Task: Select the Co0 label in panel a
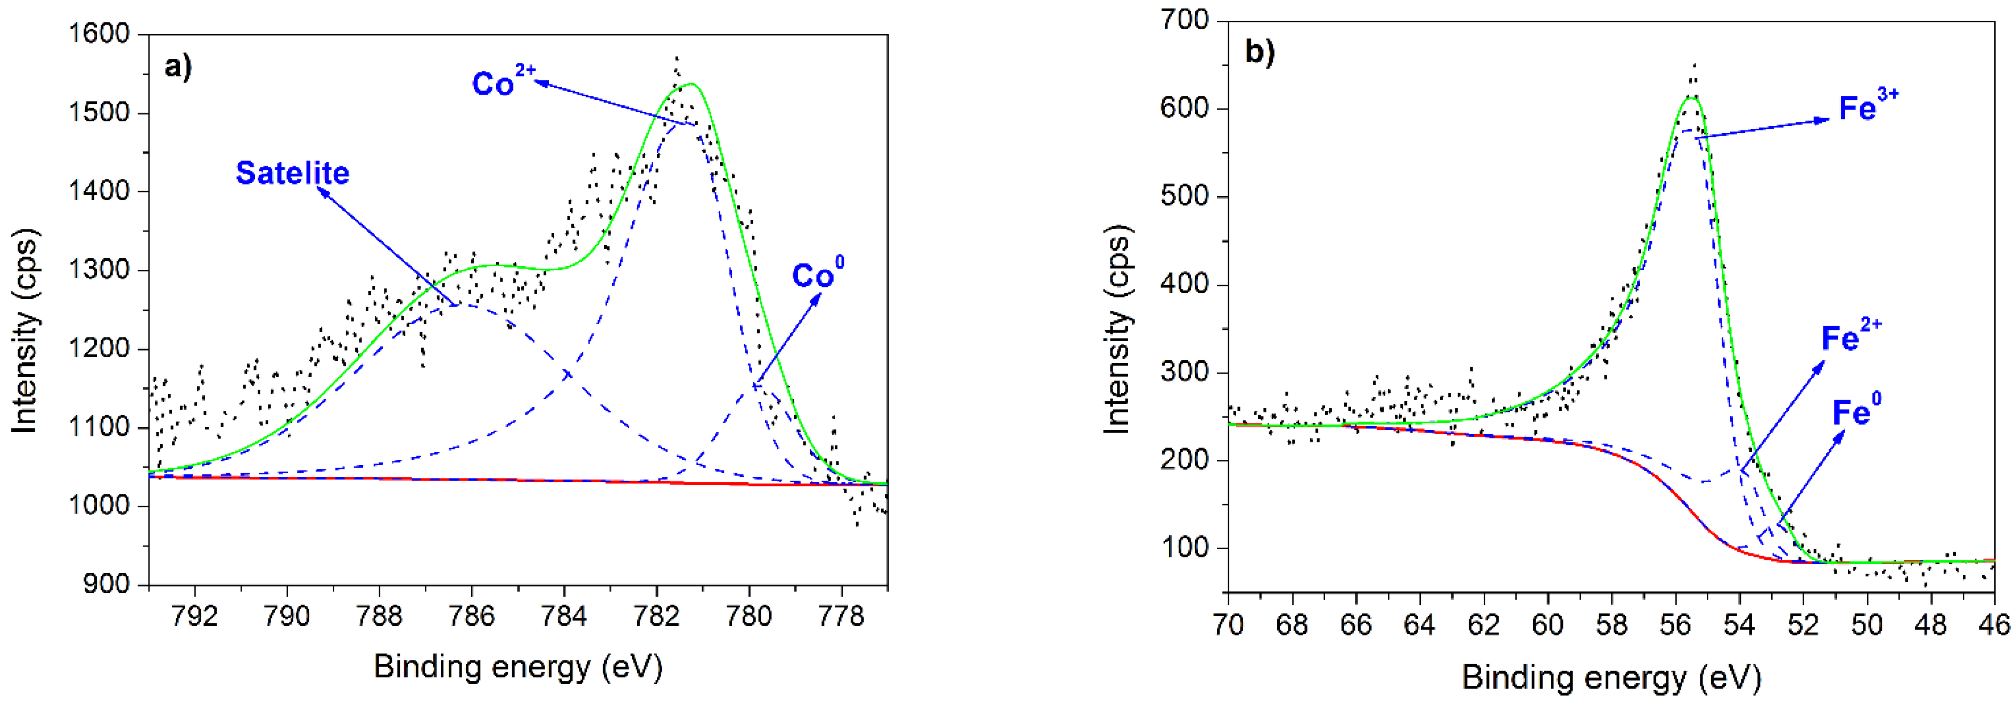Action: pyautogui.click(x=817, y=274)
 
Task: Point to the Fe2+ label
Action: pyautogui.click(x=1850, y=336)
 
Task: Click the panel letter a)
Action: pyautogui.click(x=178, y=67)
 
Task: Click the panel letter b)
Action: pyautogui.click(x=1260, y=52)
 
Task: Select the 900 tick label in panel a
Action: pyautogui.click(x=106, y=584)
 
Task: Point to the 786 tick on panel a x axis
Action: pyautogui.click(x=472, y=617)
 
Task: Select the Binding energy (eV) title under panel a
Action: pyautogui.click(x=518, y=667)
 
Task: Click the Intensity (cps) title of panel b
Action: pyautogui.click(x=1117, y=328)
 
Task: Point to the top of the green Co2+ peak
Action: pyautogui.click(x=690, y=84)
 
